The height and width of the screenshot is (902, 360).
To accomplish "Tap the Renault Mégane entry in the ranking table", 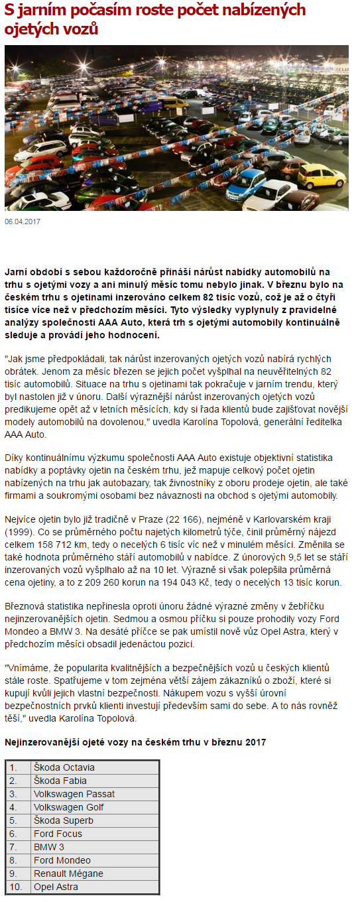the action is pos(68,873).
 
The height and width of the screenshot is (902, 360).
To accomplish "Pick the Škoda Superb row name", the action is pos(64,820).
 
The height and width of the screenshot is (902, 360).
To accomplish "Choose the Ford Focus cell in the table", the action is pos(58,834).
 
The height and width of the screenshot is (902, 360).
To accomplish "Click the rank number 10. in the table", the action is pos(16,887).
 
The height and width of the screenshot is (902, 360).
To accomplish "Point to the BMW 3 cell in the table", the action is pos(49,847).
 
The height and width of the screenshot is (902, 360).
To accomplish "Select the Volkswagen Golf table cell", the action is pos(68,807).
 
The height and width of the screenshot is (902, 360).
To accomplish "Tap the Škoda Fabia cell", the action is pos(60,781).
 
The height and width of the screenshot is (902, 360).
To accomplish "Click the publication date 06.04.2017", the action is pos(23,222).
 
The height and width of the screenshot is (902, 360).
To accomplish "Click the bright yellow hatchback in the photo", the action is pos(321,175).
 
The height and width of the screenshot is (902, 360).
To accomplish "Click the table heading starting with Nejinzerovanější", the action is pos(136,741).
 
